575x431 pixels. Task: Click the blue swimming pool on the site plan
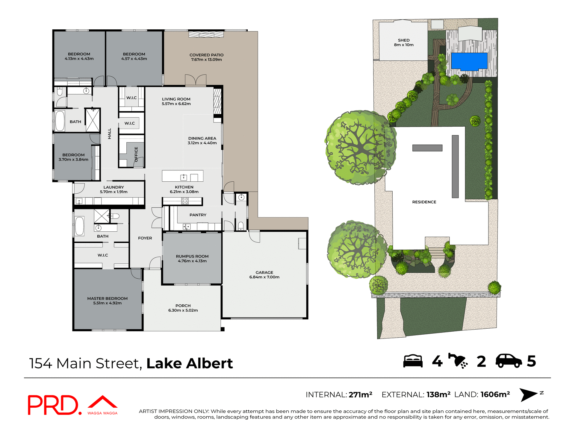coord(469,61)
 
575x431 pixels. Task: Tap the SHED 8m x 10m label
coord(403,43)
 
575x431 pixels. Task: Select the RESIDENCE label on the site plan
coord(424,202)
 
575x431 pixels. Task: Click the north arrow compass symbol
coord(529,395)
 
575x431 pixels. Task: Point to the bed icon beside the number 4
coord(413,361)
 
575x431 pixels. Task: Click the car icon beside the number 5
coord(509,361)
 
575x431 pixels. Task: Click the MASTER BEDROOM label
coord(107,301)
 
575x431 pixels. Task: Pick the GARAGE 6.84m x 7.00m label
coord(264,275)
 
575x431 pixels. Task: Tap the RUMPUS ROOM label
coord(192,259)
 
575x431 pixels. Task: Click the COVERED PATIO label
coord(206,57)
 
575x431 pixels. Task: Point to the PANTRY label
coord(198,215)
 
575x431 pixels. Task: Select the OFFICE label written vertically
coord(136,154)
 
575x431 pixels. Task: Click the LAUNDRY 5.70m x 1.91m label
coord(114,189)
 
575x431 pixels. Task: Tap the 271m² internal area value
coord(360,395)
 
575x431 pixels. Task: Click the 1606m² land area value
coord(495,394)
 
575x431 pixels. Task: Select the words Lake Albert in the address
coord(189,363)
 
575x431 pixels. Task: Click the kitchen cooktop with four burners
coord(185,201)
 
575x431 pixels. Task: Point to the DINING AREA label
coord(202,140)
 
